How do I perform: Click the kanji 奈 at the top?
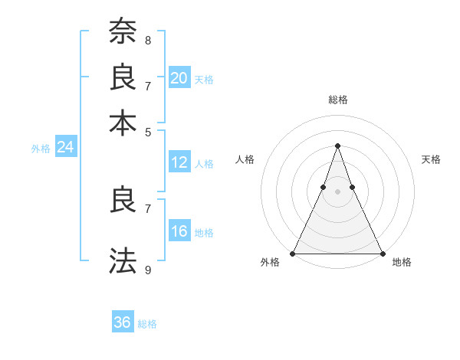(123, 31)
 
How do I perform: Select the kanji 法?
(123, 260)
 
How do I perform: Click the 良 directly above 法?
(123, 199)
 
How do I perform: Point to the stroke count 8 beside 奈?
(148, 40)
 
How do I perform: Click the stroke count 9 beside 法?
(148, 269)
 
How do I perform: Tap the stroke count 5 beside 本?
(148, 131)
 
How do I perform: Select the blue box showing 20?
(179, 77)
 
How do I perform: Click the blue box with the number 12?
(179, 162)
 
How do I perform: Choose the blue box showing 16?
(179, 231)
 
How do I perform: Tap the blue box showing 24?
(66, 147)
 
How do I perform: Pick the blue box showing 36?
(123, 322)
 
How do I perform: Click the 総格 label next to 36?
(147, 324)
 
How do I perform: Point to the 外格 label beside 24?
(41, 149)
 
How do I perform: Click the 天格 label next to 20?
(203, 79)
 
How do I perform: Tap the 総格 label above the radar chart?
(337, 100)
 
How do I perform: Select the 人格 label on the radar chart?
(245, 159)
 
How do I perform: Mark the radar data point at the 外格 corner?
(293, 254)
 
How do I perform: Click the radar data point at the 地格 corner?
(382, 254)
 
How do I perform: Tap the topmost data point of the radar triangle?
(337, 146)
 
